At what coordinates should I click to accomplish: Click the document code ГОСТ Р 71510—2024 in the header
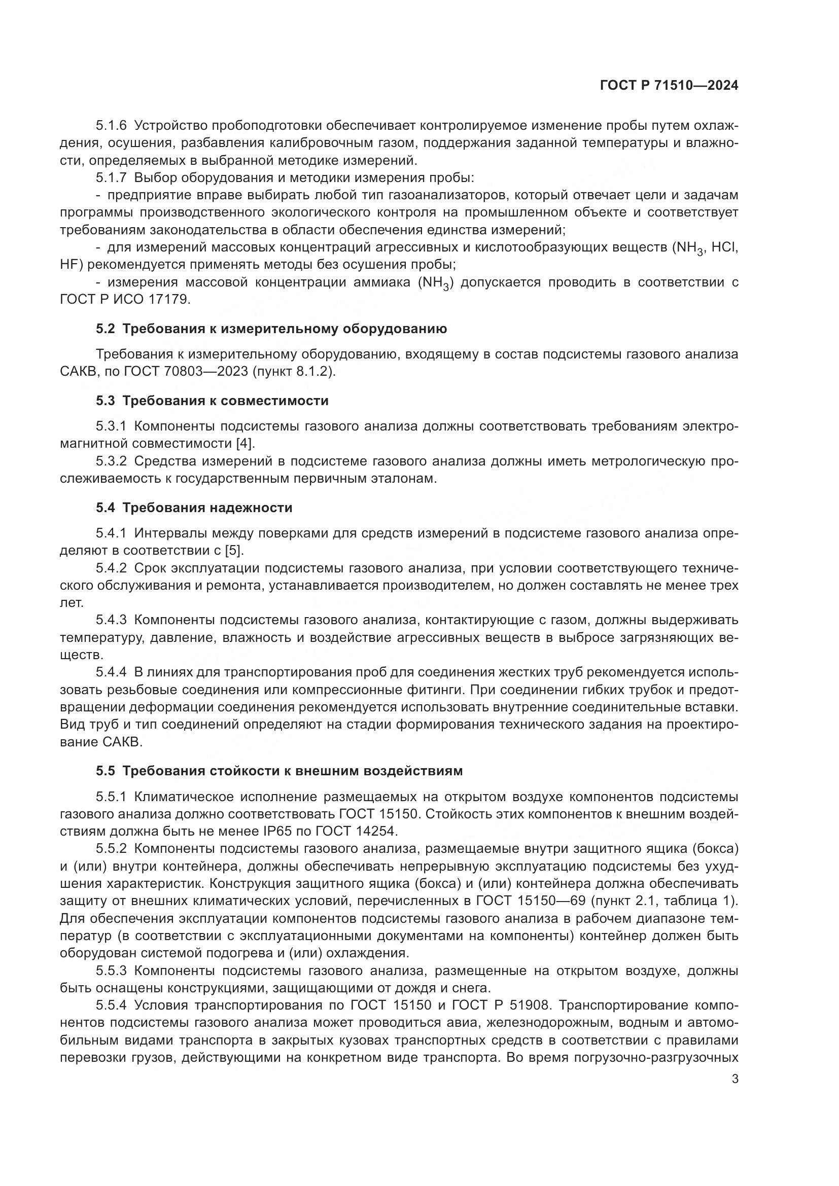(x=669, y=86)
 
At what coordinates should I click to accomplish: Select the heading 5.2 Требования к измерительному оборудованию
(x=271, y=329)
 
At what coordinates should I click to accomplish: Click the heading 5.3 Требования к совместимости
(x=212, y=401)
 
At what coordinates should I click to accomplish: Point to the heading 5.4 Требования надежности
(x=194, y=508)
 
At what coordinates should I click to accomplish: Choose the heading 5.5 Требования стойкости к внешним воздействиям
(x=279, y=771)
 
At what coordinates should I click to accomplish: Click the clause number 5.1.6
(x=111, y=126)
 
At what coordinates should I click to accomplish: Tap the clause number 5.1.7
(x=111, y=177)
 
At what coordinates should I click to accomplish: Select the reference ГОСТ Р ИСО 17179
(x=125, y=299)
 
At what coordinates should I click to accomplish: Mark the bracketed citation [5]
(x=232, y=550)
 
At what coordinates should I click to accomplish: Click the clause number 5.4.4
(x=111, y=672)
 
